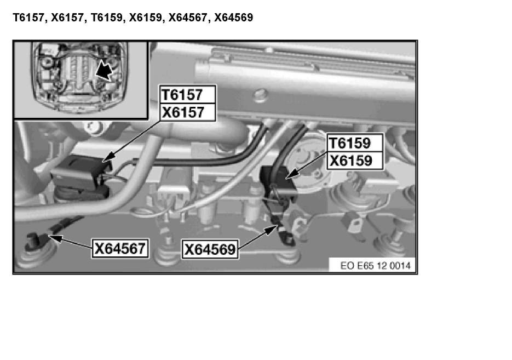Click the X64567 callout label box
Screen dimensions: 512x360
(120, 249)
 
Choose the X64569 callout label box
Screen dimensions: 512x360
(210, 250)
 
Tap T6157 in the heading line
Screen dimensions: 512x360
(30, 18)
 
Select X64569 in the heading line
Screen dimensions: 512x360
(233, 18)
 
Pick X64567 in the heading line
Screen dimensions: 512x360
(188, 18)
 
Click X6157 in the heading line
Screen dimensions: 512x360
(68, 18)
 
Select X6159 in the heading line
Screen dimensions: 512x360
(147, 18)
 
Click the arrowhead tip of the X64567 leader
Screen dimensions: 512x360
(49, 236)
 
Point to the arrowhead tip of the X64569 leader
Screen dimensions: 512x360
(276, 226)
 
